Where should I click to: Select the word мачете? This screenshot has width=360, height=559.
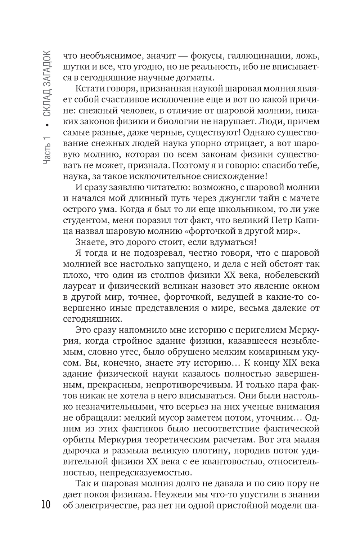pos(303,198)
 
